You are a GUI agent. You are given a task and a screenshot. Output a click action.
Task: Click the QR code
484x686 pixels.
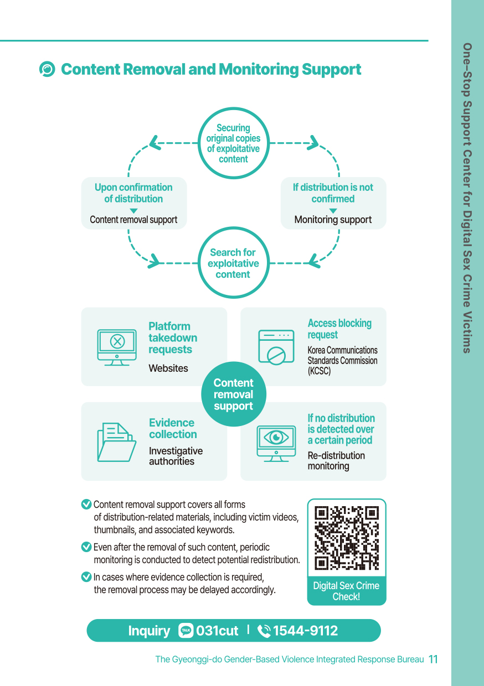346,538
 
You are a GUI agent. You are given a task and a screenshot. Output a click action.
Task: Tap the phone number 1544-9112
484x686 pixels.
305,631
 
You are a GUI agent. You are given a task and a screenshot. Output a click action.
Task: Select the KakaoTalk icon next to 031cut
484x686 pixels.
186,631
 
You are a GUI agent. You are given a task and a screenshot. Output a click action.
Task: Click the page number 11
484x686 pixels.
433,659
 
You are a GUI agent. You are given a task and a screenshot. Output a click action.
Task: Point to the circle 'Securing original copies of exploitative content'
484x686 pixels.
233,143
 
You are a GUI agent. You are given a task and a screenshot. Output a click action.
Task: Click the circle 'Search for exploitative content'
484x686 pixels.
233,263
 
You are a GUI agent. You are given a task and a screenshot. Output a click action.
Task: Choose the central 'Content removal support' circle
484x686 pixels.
233,394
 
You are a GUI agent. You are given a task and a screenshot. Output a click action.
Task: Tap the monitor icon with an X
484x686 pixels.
117,346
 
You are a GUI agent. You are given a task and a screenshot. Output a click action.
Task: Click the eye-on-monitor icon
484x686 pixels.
276,442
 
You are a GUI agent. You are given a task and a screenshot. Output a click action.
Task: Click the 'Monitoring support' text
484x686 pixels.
333,220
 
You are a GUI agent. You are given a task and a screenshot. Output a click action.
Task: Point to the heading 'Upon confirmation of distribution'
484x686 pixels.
133,193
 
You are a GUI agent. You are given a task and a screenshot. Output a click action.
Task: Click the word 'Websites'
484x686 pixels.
168,368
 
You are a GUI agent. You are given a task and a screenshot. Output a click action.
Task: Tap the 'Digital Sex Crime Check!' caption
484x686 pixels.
346,591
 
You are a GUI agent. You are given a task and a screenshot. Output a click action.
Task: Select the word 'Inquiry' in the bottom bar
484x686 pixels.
149,631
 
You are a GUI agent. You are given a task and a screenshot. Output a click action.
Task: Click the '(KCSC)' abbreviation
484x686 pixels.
319,371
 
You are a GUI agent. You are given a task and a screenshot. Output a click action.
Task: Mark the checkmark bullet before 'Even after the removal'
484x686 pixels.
86,547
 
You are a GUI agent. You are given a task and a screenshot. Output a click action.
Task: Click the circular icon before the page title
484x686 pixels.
48,69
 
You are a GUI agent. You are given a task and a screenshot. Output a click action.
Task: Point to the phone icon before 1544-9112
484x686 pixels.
264,631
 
